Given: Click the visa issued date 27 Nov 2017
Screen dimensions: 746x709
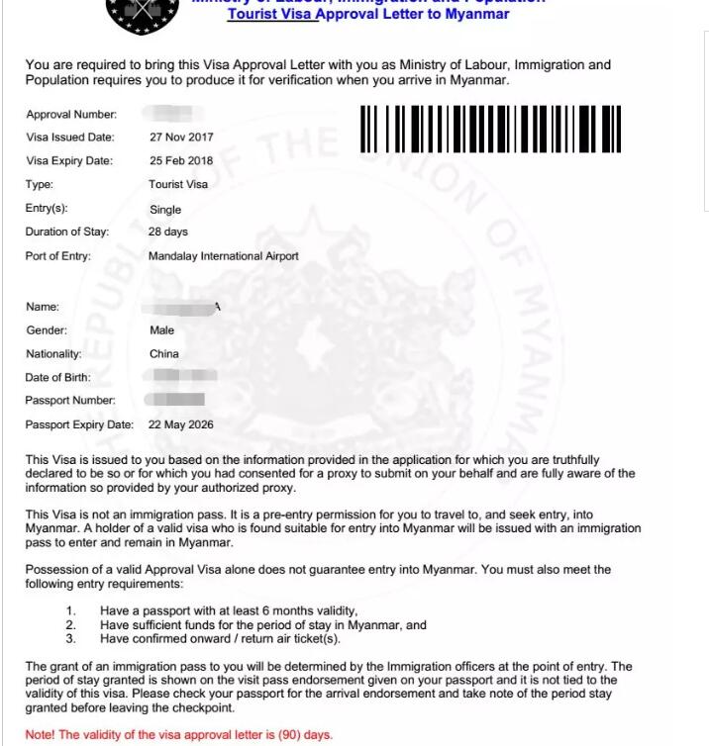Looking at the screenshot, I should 181,138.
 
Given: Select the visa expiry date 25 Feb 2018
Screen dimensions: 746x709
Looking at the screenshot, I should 181,160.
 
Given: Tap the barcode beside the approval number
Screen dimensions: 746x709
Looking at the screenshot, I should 490,129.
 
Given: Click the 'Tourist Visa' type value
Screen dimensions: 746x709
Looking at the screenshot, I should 178,184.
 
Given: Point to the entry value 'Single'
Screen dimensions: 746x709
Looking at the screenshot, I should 165,210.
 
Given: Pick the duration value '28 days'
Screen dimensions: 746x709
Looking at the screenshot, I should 168,232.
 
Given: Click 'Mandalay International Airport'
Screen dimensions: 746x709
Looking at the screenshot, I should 223,256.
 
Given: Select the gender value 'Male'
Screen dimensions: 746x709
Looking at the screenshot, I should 161,330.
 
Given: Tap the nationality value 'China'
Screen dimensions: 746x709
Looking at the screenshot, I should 164,353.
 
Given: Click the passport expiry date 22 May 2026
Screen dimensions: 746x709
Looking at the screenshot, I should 181,424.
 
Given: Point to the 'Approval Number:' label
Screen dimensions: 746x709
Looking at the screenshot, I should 71,115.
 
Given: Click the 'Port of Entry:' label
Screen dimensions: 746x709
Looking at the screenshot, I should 58,256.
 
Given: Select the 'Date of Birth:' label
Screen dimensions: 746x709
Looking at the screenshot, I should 57,377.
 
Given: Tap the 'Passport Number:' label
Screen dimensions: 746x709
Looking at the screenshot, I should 70,401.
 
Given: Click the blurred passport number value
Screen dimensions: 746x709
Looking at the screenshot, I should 175,400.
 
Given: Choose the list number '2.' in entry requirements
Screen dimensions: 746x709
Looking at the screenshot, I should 71,625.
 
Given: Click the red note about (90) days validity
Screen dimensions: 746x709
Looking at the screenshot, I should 179,735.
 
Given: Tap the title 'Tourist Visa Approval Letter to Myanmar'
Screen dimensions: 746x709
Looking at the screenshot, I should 368,15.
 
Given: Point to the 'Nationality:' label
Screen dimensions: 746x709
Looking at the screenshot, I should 53,353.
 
